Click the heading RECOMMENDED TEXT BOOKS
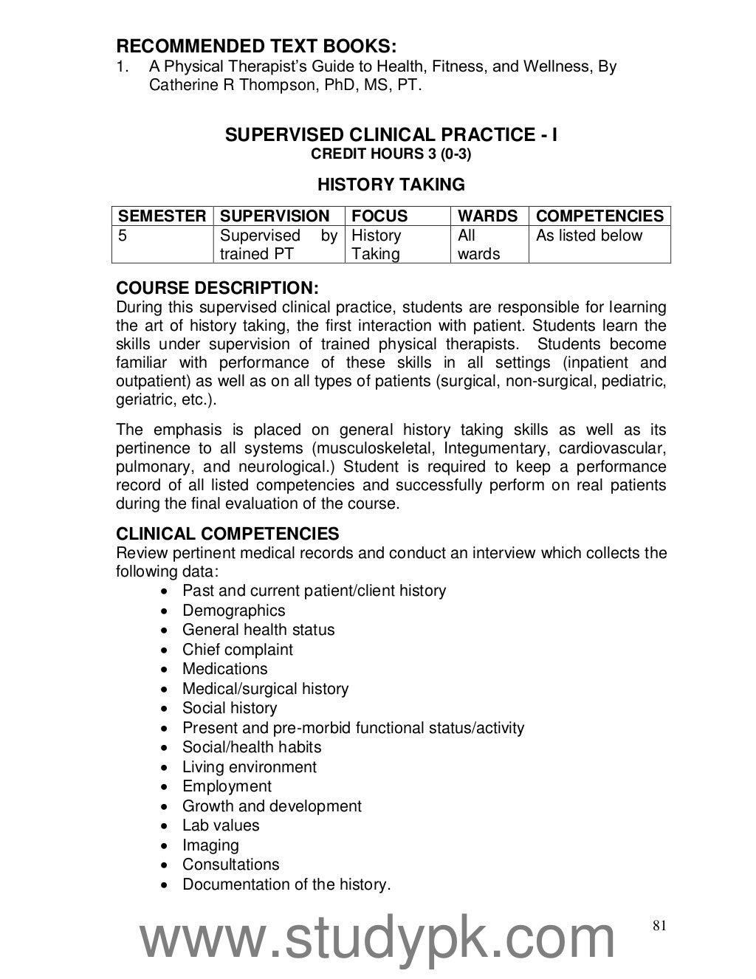[x=256, y=47]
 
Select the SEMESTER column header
[x=162, y=216]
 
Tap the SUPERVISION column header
[x=275, y=216]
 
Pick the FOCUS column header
[x=379, y=216]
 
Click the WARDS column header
[x=487, y=216]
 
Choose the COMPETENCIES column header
[x=599, y=216]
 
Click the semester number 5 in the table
[x=123, y=236]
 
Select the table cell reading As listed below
[x=589, y=236]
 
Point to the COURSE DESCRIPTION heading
[x=218, y=288]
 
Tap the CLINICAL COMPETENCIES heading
[x=227, y=534]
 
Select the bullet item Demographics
[x=233, y=611]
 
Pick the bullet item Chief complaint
[x=237, y=650]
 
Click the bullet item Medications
[x=224, y=669]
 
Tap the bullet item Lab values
[x=221, y=825]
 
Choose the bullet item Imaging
[x=210, y=845]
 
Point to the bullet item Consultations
[x=230, y=865]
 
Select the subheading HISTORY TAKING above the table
[x=391, y=185]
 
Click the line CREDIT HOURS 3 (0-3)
[x=391, y=154]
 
